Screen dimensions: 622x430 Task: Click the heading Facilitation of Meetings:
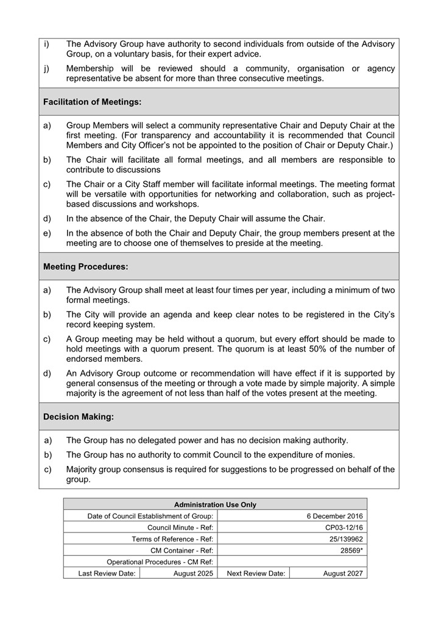(92, 102)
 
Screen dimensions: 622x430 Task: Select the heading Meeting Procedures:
(86, 267)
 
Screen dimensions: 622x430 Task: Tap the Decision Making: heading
(79, 417)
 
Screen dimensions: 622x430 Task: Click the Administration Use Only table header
(215, 505)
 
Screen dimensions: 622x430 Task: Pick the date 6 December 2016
(334, 517)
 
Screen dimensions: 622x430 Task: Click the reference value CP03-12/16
(344, 528)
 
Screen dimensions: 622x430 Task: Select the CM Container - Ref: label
(182, 550)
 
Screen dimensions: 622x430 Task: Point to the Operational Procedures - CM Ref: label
(160, 562)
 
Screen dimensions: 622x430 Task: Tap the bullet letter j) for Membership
(46, 69)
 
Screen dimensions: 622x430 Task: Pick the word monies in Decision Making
(340, 454)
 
